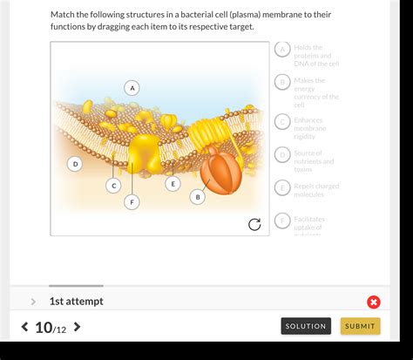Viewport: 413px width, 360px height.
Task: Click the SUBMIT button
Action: click(x=360, y=326)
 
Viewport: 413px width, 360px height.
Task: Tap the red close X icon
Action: click(x=374, y=302)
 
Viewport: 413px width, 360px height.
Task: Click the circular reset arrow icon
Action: click(x=254, y=224)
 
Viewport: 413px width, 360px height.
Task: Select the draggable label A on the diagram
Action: click(x=132, y=87)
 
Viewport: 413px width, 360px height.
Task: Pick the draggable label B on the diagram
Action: click(x=198, y=197)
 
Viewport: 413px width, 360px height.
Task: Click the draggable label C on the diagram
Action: click(x=113, y=185)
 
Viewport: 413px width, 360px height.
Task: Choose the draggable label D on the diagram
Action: click(x=75, y=163)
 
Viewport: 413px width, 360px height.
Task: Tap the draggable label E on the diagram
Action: click(x=173, y=183)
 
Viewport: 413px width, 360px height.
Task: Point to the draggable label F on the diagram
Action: click(x=132, y=201)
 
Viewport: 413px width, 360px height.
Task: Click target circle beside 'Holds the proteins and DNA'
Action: click(x=282, y=49)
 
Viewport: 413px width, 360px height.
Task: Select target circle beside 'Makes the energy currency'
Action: click(x=282, y=82)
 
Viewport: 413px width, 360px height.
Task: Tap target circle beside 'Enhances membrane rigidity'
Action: click(x=282, y=121)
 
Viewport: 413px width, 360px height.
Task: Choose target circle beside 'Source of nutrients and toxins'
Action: click(x=282, y=154)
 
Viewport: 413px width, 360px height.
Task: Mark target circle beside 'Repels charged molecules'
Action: click(x=282, y=187)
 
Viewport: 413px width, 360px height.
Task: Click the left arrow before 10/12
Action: click(x=24, y=327)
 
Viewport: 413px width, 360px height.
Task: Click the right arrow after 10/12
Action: click(x=78, y=327)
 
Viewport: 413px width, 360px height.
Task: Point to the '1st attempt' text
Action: click(x=76, y=302)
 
